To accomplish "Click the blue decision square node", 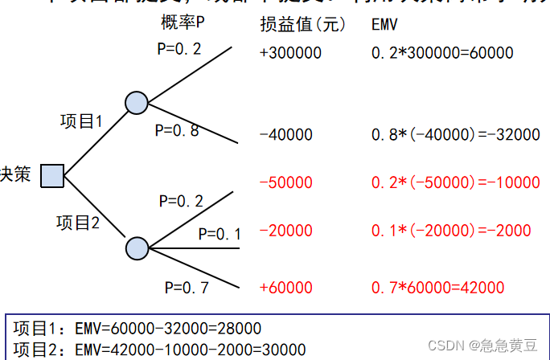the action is point(52,175).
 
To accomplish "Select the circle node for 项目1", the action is point(136,102).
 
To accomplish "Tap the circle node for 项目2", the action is point(137,248).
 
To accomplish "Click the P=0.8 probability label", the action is point(177,130).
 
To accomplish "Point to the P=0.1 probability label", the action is point(220,234).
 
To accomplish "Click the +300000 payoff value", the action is point(290,54).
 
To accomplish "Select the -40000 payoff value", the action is point(287,135).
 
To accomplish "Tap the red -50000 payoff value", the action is point(286,182).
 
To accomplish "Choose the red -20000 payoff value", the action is point(286,231).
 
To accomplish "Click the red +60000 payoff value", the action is point(286,288).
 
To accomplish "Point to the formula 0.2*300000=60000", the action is point(442,54).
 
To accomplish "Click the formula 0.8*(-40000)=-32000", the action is point(455,135).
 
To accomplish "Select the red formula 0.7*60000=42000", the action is point(437,288).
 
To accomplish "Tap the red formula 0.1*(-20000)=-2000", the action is point(451,231).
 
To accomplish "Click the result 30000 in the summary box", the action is point(282,350).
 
